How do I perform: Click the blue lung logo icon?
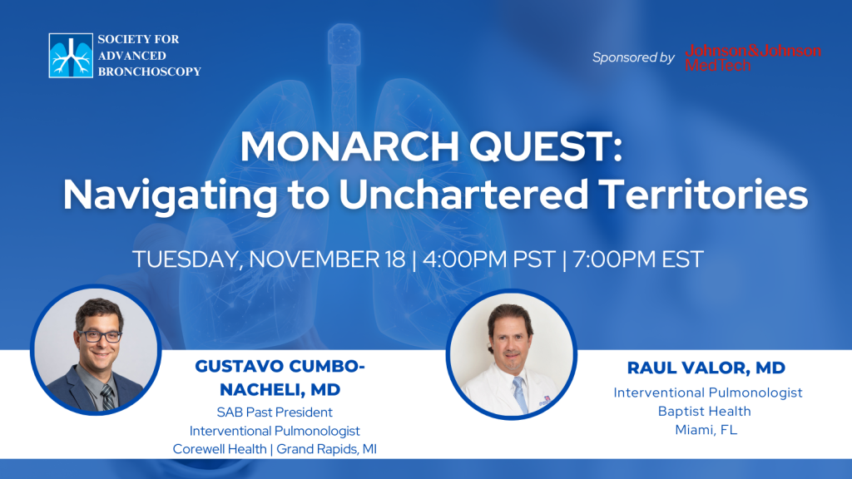71,56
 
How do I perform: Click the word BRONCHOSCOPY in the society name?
150,72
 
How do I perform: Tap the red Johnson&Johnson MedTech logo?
753,57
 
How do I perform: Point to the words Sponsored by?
633,57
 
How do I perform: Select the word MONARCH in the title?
350,146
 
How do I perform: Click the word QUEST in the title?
546,146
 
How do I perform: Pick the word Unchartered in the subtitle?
463,195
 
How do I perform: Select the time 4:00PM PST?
489,259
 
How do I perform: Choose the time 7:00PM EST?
638,259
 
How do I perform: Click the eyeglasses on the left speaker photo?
100,336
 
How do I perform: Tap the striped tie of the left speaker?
107,397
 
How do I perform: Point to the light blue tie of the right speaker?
520,395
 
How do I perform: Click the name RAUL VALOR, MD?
706,368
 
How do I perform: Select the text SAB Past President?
275,412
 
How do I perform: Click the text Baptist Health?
704,411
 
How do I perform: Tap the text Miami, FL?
706,430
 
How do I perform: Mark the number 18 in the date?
395,259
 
